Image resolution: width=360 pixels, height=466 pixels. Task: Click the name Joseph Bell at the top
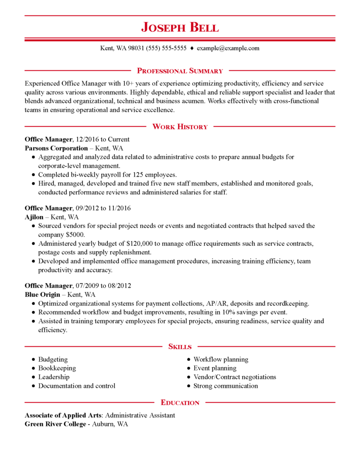click(180, 27)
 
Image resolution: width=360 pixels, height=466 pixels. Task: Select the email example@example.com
click(228, 48)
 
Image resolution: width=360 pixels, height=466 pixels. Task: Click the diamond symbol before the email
click(192, 48)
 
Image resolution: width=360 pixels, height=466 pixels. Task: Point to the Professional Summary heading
click(180, 71)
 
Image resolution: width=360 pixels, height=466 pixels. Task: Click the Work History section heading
click(180, 127)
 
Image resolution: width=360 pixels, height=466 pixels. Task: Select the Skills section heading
click(180, 347)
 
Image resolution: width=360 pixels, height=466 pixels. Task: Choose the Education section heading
click(180, 403)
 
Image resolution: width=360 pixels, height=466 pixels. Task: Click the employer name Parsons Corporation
click(56, 148)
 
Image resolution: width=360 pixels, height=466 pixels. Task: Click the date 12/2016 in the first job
click(87, 140)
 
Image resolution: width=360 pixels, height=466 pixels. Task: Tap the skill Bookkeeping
click(57, 368)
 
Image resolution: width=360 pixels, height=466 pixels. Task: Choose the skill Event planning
click(215, 368)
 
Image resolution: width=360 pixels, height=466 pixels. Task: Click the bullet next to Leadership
click(33, 377)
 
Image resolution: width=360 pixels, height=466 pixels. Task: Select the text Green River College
click(55, 424)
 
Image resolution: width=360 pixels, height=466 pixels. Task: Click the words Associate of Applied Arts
click(63, 415)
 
